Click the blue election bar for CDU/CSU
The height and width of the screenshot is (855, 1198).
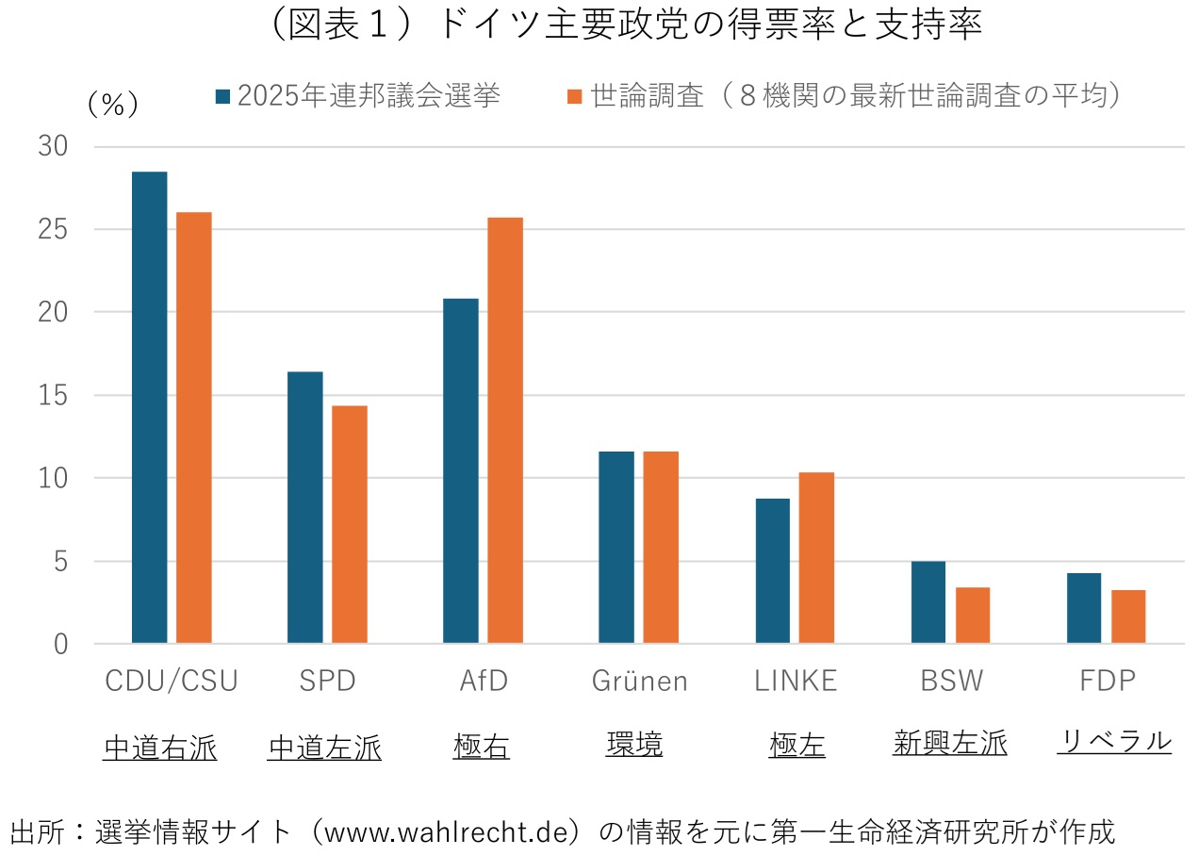pos(149,407)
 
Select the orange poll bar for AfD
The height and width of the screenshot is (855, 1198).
pos(505,431)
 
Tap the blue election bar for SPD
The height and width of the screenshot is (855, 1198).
pos(305,507)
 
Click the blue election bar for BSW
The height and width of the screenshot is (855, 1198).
pos(928,602)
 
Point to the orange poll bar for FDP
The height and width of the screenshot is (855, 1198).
pos(1128,617)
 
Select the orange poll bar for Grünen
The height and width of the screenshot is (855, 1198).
pos(661,548)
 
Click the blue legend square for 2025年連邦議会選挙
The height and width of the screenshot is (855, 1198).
pos(223,96)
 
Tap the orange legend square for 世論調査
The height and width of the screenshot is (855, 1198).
pos(575,96)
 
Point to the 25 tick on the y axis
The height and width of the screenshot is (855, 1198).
pos(53,229)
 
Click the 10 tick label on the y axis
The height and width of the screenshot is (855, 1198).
pos(53,478)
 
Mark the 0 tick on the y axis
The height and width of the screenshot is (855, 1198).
pos(60,645)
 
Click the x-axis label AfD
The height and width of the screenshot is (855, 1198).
pos(483,681)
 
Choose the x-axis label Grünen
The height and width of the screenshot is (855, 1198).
pos(640,681)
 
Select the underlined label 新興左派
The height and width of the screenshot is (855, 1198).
pos(949,743)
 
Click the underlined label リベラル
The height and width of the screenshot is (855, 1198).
pos(1114,741)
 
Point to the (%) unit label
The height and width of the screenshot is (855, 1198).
pos(112,104)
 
